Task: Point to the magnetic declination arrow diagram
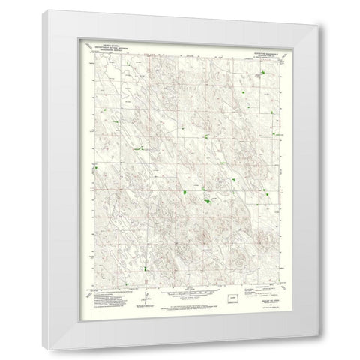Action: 142,293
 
